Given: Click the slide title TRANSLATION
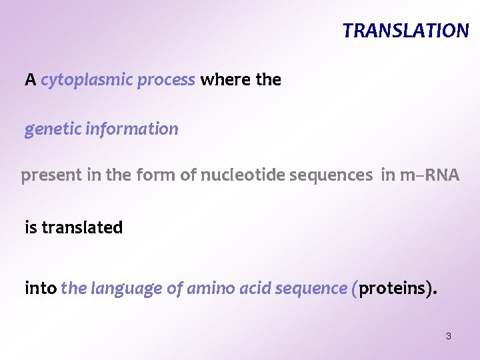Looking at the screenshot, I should (x=405, y=31).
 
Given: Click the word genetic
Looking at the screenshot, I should (x=52, y=129).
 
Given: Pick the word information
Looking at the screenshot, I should (x=132, y=129).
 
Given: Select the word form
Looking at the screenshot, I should (x=151, y=175).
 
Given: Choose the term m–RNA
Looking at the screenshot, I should (x=429, y=175).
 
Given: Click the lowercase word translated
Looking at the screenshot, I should (x=82, y=228).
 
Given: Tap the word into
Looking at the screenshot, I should (x=40, y=289).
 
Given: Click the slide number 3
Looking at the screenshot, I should (x=448, y=337).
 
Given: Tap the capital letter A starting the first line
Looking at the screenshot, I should (x=30, y=81).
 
